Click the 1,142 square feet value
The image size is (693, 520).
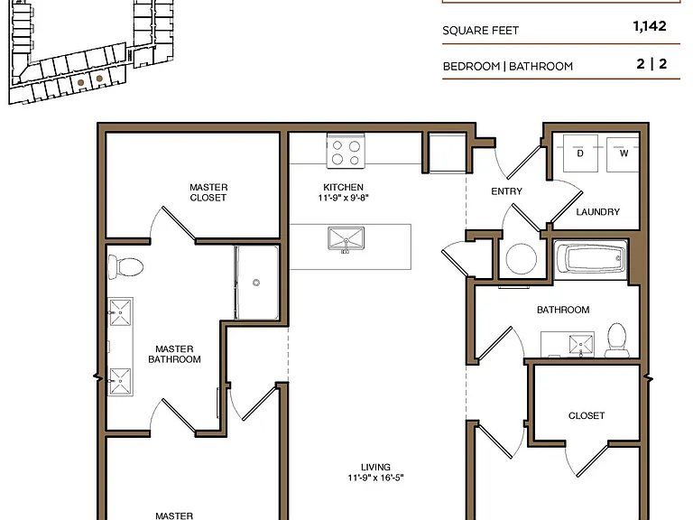tap(650, 26)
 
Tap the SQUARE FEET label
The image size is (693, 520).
tap(480, 31)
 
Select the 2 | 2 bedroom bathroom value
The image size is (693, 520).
tap(651, 64)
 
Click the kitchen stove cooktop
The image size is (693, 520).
tap(346, 152)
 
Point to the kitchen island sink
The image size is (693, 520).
tap(346, 239)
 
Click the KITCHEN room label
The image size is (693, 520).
tap(344, 187)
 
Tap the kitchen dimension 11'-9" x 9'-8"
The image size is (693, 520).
tap(344, 198)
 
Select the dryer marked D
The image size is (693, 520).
tap(580, 153)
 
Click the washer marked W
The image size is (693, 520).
tap(624, 153)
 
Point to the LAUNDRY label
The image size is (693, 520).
tap(597, 212)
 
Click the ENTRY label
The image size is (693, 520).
tap(506, 191)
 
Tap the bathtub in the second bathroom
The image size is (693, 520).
tap(590, 259)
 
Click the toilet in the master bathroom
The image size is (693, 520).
tap(126, 266)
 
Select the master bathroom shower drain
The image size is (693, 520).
tap(256, 283)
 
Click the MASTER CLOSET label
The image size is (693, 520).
tap(208, 192)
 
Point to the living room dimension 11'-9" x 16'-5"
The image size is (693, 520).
tap(375, 478)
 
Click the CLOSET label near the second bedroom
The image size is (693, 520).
tap(587, 415)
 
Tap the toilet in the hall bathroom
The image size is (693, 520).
tap(617, 339)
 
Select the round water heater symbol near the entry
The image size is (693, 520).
tap(522, 259)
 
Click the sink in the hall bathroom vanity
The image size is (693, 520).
tap(581, 345)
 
